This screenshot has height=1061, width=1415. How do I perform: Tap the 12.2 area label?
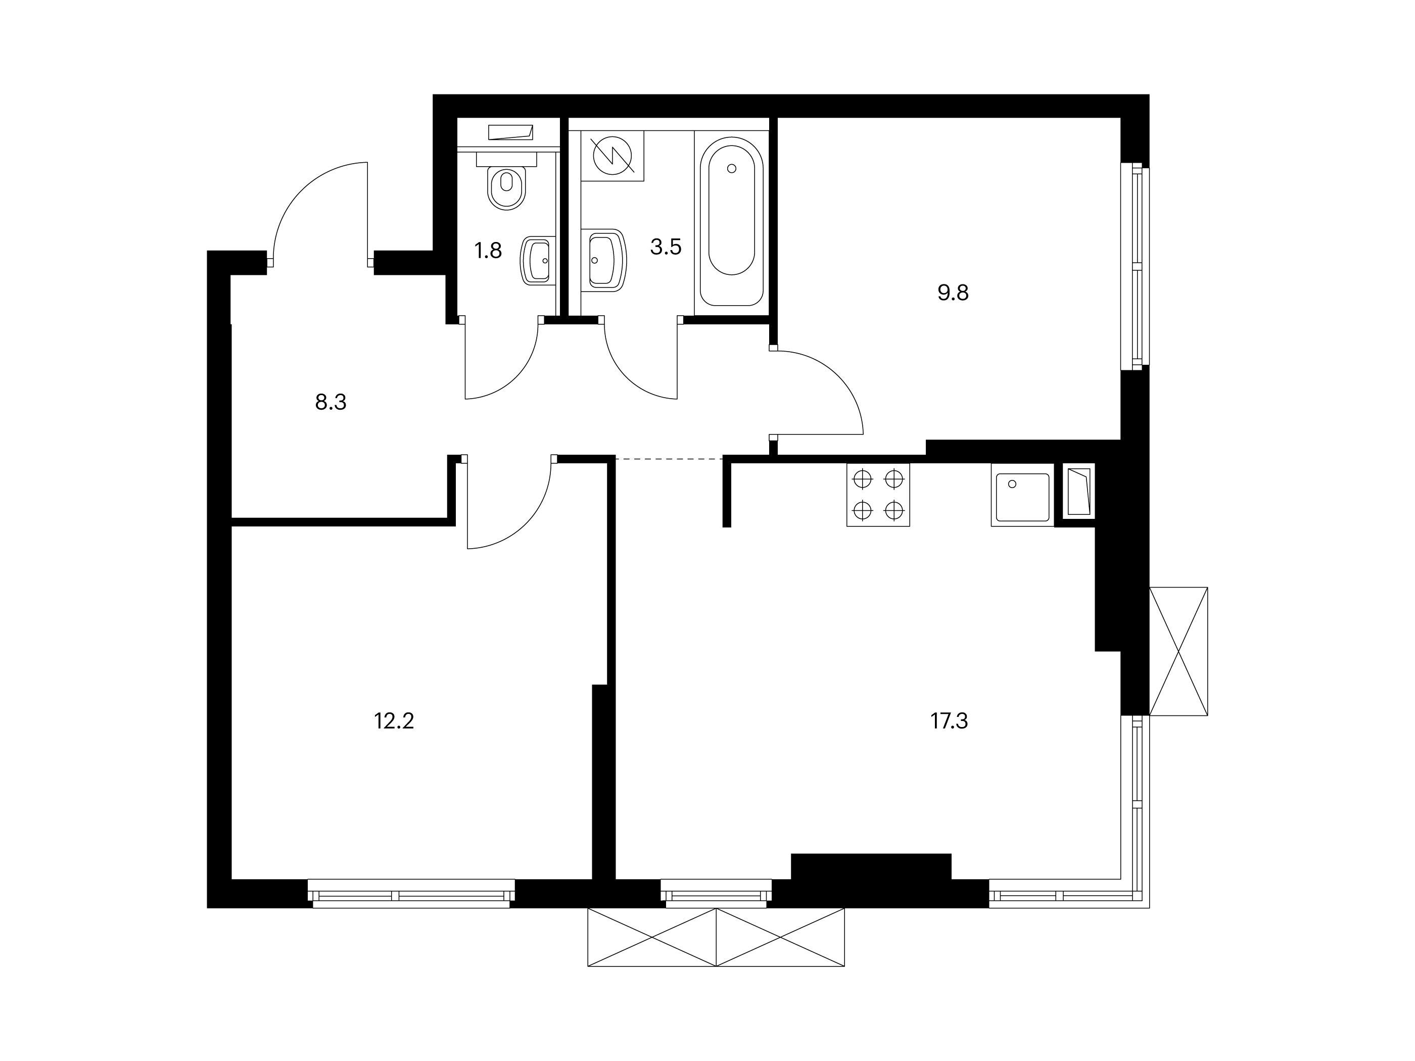(394, 722)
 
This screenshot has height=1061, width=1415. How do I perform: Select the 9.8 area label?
(953, 293)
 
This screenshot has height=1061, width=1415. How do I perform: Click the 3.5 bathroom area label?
(666, 247)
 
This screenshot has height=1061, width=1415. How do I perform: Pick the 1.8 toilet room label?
(488, 251)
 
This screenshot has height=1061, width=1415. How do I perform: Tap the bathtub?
(731, 221)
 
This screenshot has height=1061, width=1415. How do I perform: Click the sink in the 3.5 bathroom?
(604, 260)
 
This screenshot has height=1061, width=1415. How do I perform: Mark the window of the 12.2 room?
(411, 893)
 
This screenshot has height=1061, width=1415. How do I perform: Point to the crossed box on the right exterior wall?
(1179, 651)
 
